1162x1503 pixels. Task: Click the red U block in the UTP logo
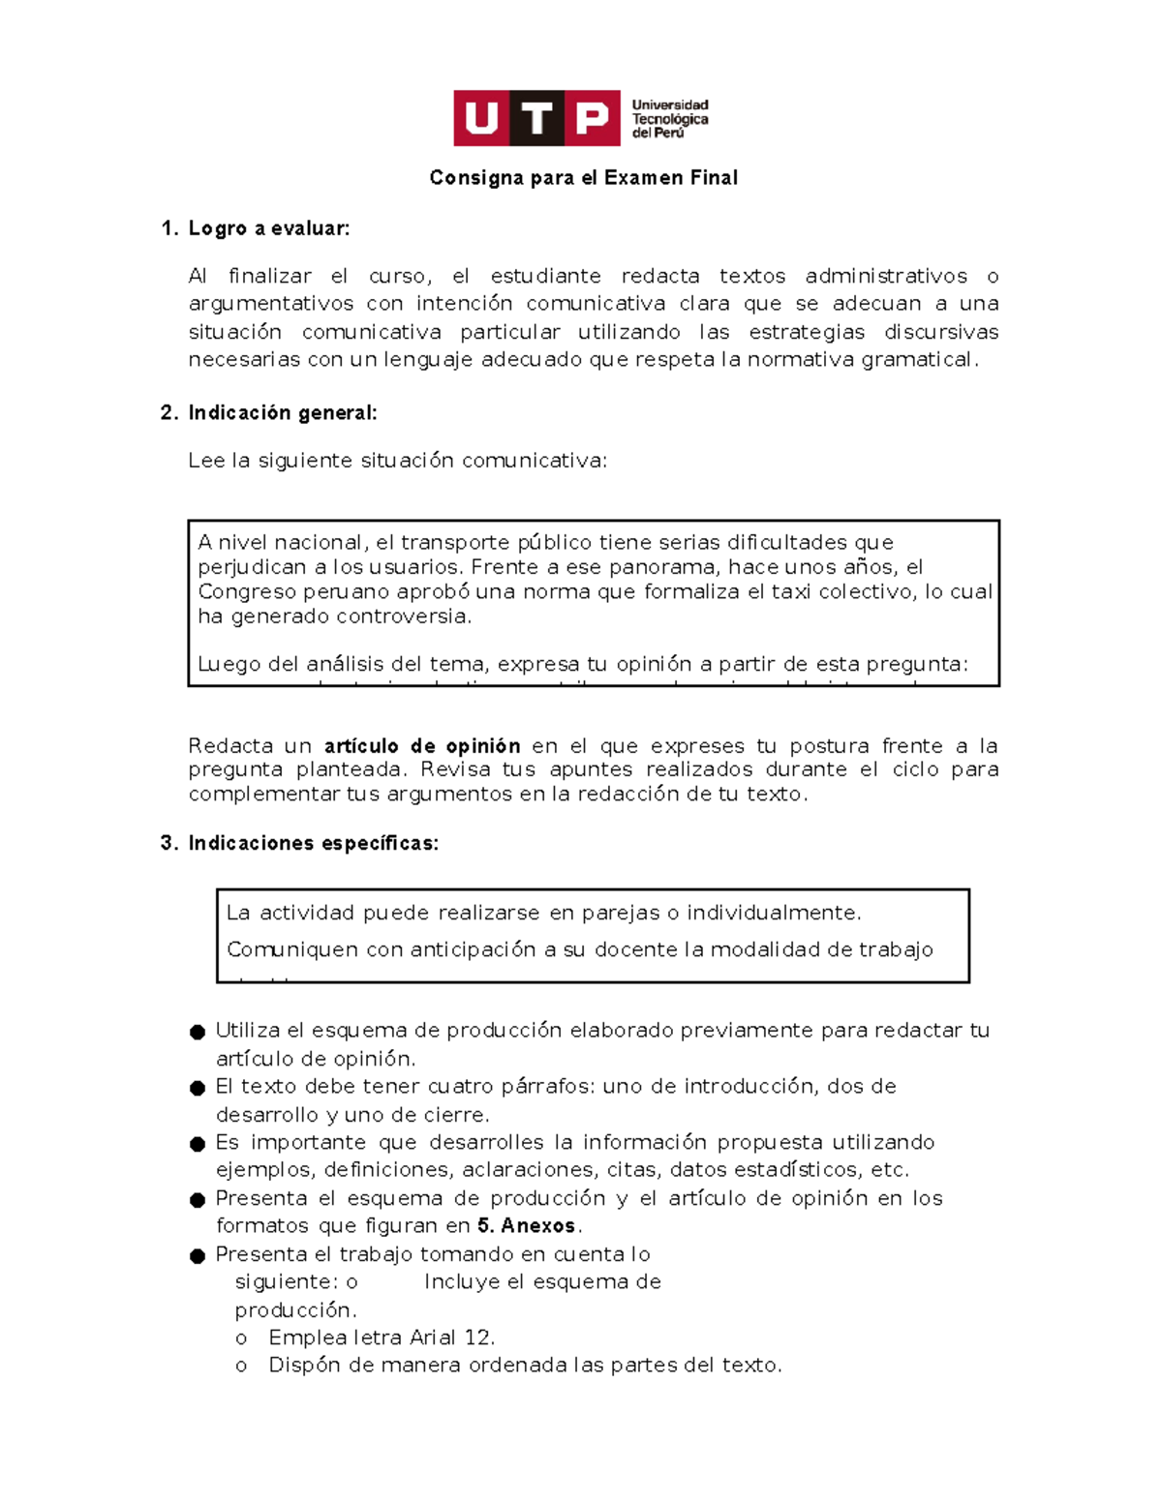point(481,118)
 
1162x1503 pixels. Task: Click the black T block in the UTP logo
point(536,118)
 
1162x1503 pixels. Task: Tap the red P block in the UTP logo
point(592,118)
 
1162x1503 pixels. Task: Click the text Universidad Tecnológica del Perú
point(669,119)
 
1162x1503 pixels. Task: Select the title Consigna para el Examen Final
point(583,178)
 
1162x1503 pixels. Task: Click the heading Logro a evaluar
point(268,228)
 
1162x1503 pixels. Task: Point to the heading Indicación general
point(282,413)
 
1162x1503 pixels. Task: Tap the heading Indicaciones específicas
point(313,843)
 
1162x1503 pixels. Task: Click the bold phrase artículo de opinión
point(422,746)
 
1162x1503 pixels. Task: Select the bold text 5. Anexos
point(527,1226)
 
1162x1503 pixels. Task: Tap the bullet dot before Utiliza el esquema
point(198,1032)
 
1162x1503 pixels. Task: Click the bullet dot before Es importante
point(198,1144)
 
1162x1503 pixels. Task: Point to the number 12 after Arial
point(478,1338)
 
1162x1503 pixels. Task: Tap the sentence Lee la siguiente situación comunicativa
point(397,461)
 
